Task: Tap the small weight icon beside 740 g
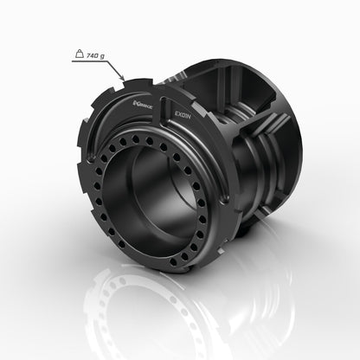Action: click(x=79, y=55)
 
